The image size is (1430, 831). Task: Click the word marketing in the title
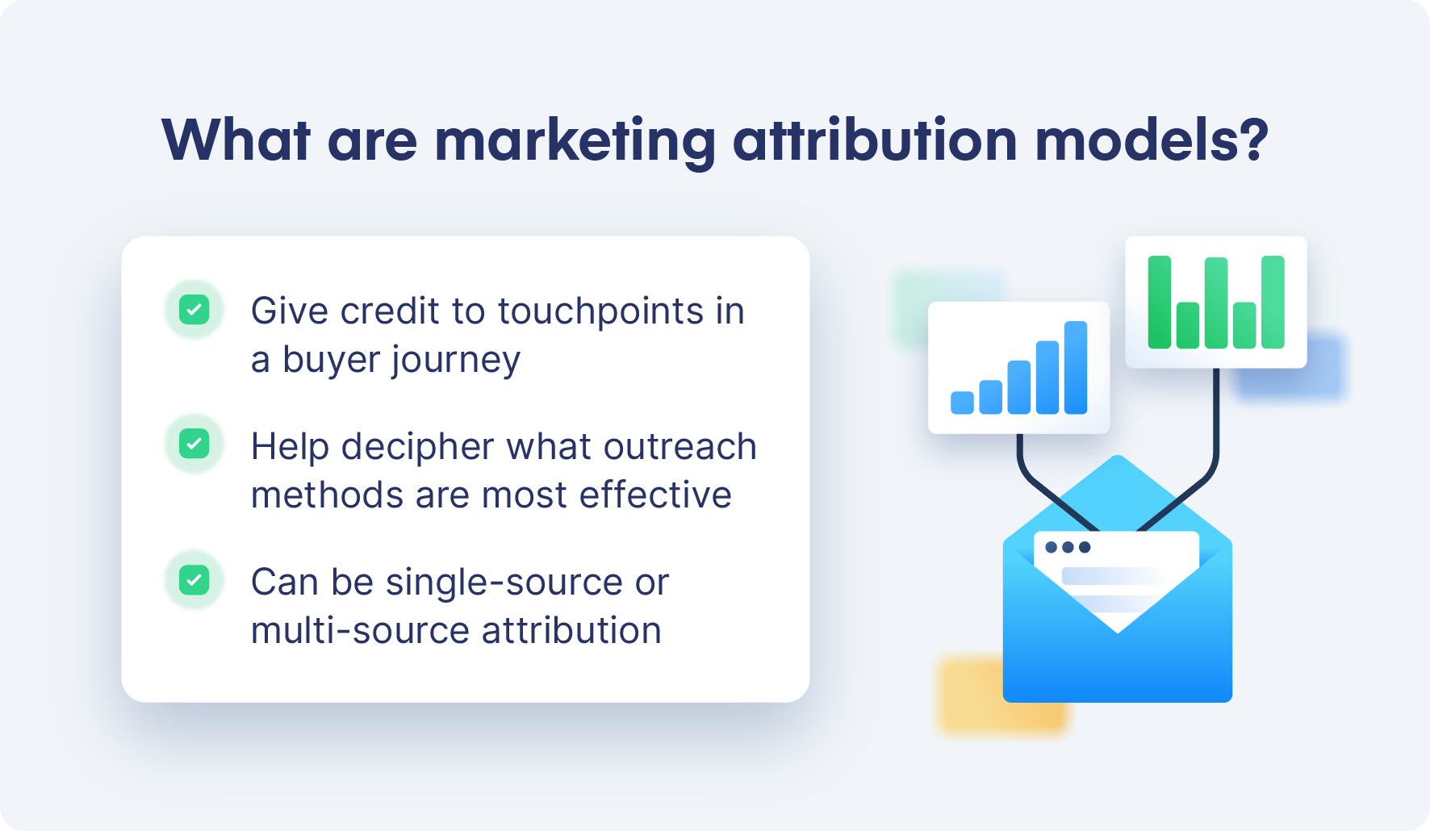575,141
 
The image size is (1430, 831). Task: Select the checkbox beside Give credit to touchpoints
194,310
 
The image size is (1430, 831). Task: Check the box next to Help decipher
194,444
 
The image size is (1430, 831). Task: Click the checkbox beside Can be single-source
194,580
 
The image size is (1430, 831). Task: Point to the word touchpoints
600,311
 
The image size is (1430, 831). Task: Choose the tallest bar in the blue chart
1076,367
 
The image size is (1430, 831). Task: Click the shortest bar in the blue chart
962,403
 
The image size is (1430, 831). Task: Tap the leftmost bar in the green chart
1160,302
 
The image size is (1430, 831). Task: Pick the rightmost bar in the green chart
1273,302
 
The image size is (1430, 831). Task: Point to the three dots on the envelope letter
1068,547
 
